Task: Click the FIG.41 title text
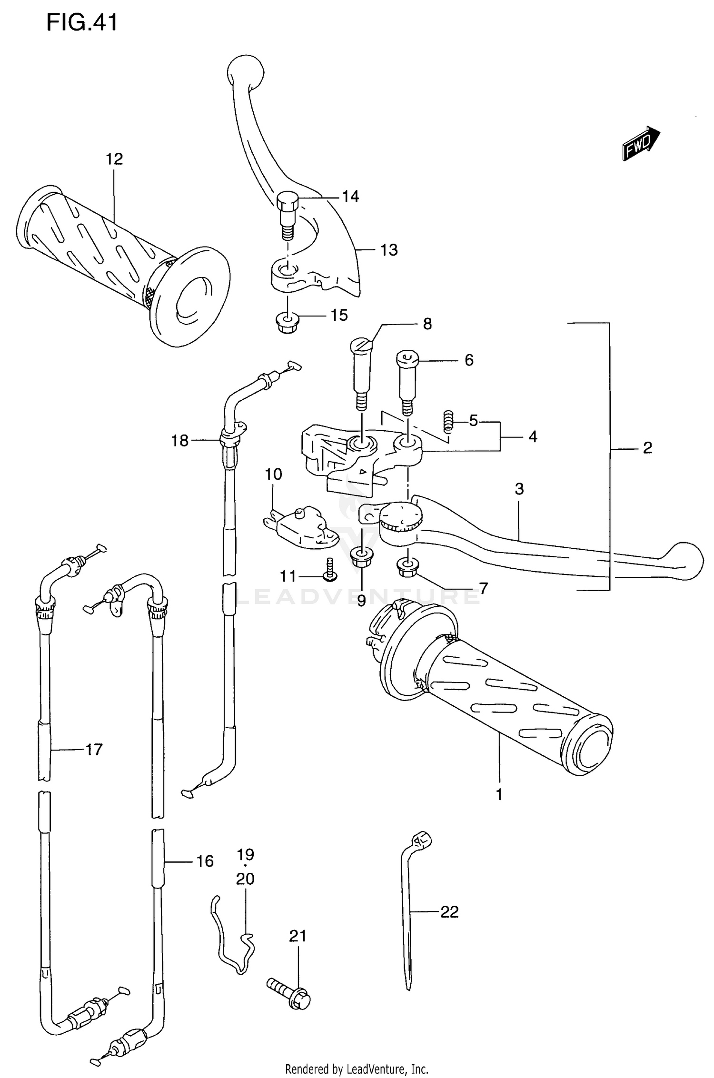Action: (82, 22)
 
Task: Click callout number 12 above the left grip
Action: (114, 159)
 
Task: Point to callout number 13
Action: (389, 250)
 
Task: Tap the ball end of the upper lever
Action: (245, 70)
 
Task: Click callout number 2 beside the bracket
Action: (647, 448)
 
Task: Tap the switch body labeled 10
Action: (302, 530)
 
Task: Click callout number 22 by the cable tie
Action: (449, 912)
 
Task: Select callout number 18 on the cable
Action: (180, 441)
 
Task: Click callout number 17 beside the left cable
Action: (94, 750)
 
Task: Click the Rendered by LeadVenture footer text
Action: (357, 1069)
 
